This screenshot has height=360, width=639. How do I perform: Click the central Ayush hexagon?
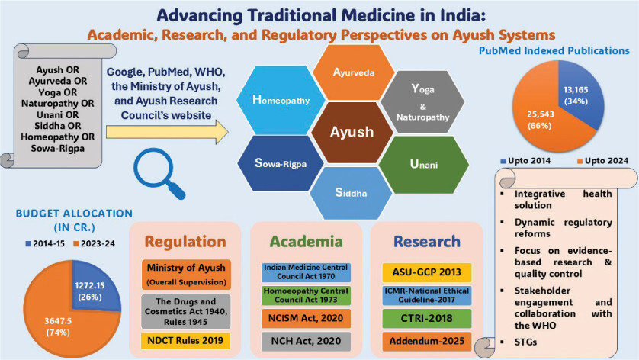352,131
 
